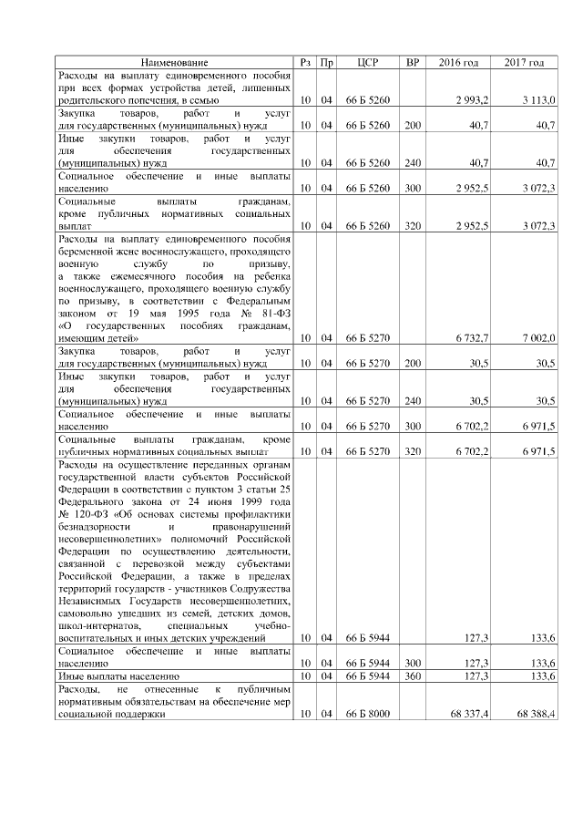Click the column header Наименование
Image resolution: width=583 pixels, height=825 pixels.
click(x=174, y=62)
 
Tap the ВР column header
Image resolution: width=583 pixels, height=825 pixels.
click(x=413, y=62)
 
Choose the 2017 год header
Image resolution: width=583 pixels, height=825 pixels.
click(x=525, y=62)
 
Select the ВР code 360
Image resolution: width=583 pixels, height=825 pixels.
click(x=413, y=677)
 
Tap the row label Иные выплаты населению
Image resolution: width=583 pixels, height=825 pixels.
click(x=114, y=677)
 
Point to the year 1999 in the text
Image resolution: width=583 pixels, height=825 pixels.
click(x=250, y=500)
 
